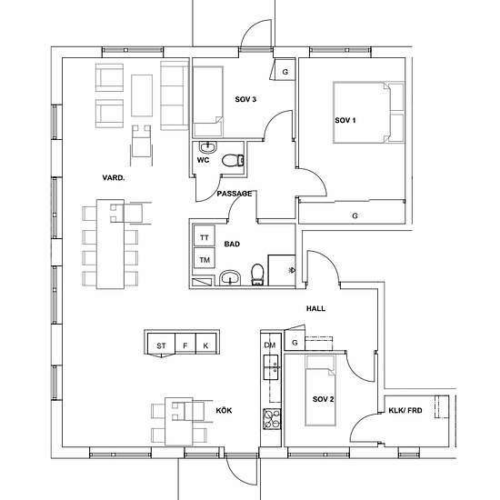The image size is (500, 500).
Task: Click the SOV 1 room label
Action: [x=345, y=120]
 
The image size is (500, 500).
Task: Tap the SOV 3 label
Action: [x=245, y=99]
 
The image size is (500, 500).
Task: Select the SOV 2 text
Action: [x=323, y=399]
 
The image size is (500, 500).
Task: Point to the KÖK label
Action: [x=224, y=410]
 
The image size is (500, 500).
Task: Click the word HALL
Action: [x=315, y=308]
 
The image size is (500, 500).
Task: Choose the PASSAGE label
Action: [x=235, y=194]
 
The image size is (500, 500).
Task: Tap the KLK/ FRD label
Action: [x=405, y=410]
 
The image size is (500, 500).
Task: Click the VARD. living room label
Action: [x=114, y=177]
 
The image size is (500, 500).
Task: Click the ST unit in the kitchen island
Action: [x=161, y=344]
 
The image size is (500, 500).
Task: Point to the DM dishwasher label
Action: [x=270, y=345]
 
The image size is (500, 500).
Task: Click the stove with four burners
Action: [x=272, y=419]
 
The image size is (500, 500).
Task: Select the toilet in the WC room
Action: [x=233, y=160]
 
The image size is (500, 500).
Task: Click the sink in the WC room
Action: [x=208, y=147]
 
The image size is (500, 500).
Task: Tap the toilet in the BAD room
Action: [x=257, y=275]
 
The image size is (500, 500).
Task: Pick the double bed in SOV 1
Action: [x=368, y=112]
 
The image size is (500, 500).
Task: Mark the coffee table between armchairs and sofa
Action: [x=142, y=95]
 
